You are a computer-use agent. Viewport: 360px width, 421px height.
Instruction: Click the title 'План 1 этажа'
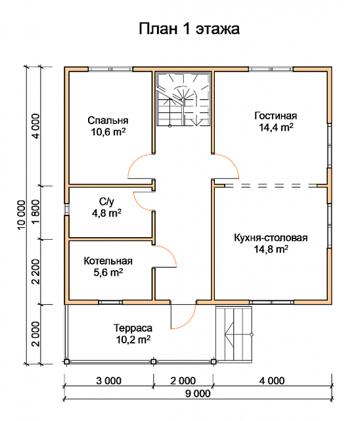tap(189, 29)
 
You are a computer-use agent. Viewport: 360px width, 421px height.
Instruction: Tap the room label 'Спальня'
tap(108, 120)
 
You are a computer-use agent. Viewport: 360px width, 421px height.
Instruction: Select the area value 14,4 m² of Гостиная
tap(276, 127)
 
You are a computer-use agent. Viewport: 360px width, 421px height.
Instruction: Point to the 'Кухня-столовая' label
tap(271, 238)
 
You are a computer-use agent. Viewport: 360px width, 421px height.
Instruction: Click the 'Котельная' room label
tap(108, 261)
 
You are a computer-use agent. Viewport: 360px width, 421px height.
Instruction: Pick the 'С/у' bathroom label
tap(106, 202)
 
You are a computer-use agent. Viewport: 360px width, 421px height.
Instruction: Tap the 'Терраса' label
tap(133, 328)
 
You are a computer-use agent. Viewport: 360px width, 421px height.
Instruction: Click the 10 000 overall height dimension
tap(22, 215)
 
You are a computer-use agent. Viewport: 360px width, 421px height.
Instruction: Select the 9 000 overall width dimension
tap(198, 393)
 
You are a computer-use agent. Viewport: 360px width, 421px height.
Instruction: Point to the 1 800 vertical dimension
tap(35, 212)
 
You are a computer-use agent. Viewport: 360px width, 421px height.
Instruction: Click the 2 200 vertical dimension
tap(35, 271)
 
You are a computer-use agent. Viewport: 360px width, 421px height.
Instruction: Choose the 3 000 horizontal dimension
tap(109, 381)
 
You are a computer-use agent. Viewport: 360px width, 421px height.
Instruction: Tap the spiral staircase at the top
tap(183, 100)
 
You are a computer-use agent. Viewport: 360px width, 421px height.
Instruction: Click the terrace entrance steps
tap(234, 334)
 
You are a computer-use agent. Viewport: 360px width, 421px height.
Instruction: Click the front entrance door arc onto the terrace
tap(189, 321)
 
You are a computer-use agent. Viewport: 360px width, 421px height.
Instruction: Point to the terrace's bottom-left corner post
tap(66, 362)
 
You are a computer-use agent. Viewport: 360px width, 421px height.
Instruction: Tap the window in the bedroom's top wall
tap(110, 69)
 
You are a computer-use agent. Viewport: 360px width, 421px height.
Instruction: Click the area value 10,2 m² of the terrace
tap(133, 340)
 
